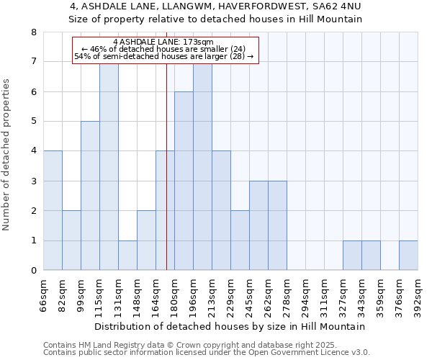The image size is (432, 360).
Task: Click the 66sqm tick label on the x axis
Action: [x=44, y=294]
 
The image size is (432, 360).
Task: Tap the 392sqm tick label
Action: [x=418, y=294]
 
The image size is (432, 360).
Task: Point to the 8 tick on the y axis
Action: [x=33, y=32]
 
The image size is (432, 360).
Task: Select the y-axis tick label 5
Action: [x=33, y=122]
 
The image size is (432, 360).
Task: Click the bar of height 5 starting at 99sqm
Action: [x=90, y=196]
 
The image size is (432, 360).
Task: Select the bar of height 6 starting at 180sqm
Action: [x=184, y=181]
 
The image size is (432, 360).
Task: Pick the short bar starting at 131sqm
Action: [x=127, y=256]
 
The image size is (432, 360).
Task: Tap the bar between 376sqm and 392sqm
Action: [x=408, y=256]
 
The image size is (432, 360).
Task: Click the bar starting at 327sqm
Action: [x=352, y=256]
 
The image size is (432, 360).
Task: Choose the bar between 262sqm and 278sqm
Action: [x=277, y=225]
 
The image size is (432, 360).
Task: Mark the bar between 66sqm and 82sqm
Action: [x=53, y=210]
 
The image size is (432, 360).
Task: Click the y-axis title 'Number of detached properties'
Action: [x=7, y=156]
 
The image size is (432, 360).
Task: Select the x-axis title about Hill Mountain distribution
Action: [x=230, y=326]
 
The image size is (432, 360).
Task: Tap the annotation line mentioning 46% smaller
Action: [x=164, y=49]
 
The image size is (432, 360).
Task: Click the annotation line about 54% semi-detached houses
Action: [x=164, y=56]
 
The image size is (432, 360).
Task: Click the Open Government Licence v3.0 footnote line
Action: [x=207, y=353]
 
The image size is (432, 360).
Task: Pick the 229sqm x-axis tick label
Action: [x=231, y=294]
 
